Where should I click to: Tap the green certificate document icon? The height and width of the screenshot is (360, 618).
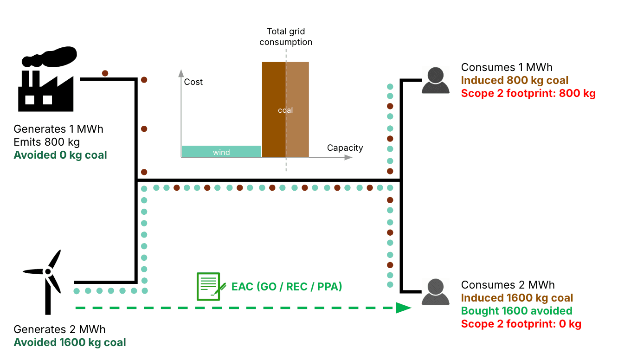[x=208, y=286]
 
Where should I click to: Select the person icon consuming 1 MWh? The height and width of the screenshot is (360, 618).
[x=436, y=81]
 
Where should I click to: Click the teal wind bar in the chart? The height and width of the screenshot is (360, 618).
[x=221, y=152]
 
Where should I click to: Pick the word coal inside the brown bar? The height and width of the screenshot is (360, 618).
[x=285, y=110]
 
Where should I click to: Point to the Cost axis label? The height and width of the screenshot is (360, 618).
[x=193, y=82]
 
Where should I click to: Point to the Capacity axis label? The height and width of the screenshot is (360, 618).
[x=345, y=148]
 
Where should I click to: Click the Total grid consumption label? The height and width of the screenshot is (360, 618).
[x=286, y=37]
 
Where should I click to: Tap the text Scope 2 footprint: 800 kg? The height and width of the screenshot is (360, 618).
[x=528, y=93]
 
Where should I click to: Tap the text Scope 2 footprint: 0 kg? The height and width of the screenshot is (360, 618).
[x=521, y=324]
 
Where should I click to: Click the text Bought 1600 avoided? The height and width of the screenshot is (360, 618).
[x=516, y=311]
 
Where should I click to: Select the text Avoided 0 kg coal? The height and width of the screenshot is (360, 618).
[x=60, y=155]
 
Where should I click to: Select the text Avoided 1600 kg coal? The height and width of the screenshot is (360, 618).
[x=70, y=342]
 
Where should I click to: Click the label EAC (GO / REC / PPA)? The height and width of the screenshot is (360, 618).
[x=287, y=286]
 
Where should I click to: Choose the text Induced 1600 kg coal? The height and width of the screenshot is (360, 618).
[x=517, y=298]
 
